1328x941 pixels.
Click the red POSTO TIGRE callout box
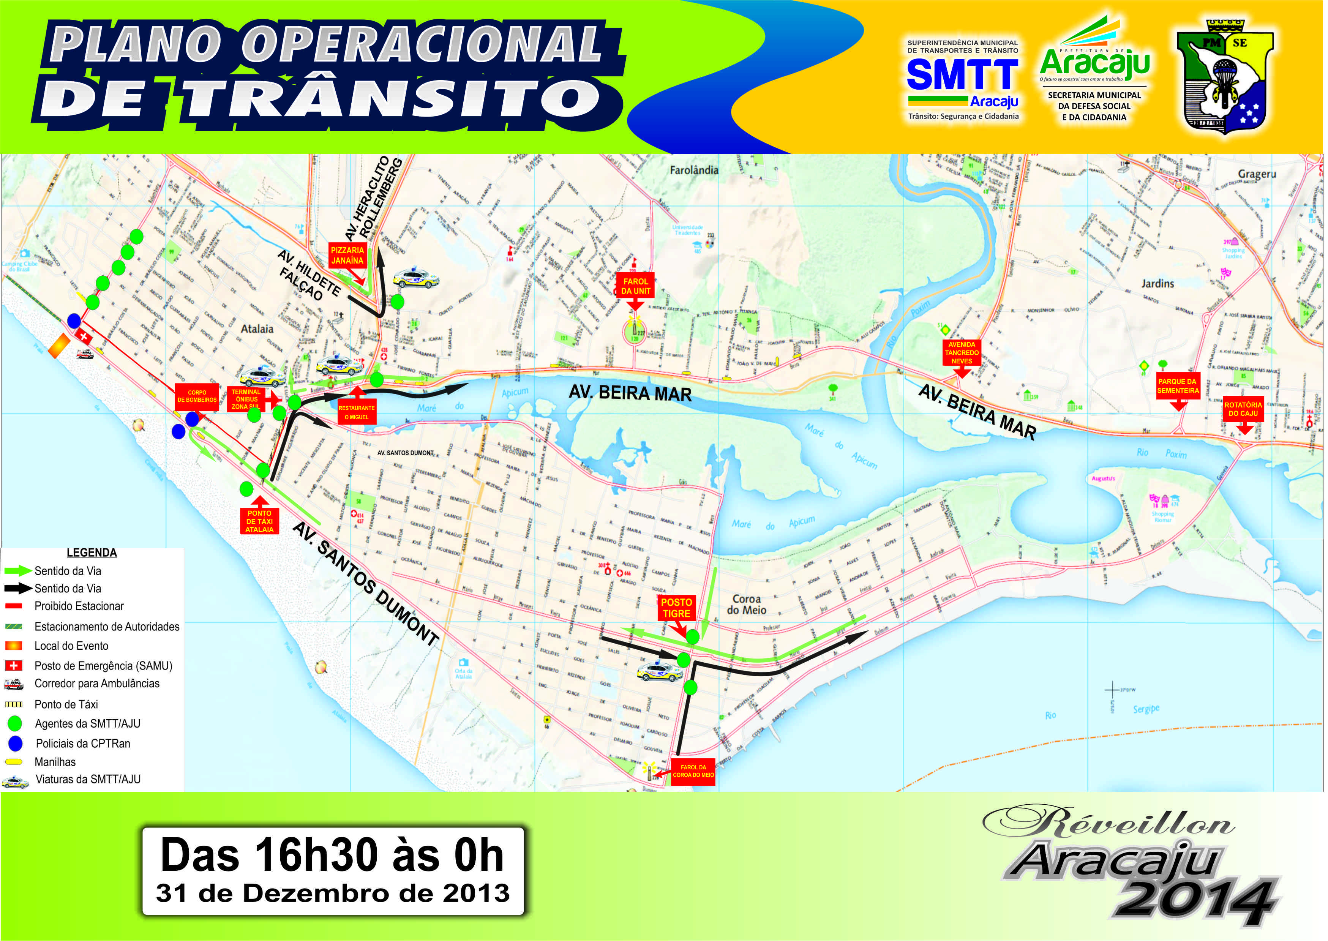(x=676, y=608)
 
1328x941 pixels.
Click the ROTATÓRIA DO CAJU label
(x=1243, y=409)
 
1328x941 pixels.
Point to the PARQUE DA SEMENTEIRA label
(x=1177, y=386)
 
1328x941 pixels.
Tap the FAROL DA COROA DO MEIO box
(x=693, y=771)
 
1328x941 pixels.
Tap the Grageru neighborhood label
(x=1257, y=174)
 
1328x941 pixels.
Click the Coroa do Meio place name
(x=746, y=604)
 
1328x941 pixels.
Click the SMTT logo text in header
(x=962, y=75)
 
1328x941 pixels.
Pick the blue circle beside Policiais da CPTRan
(x=15, y=744)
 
